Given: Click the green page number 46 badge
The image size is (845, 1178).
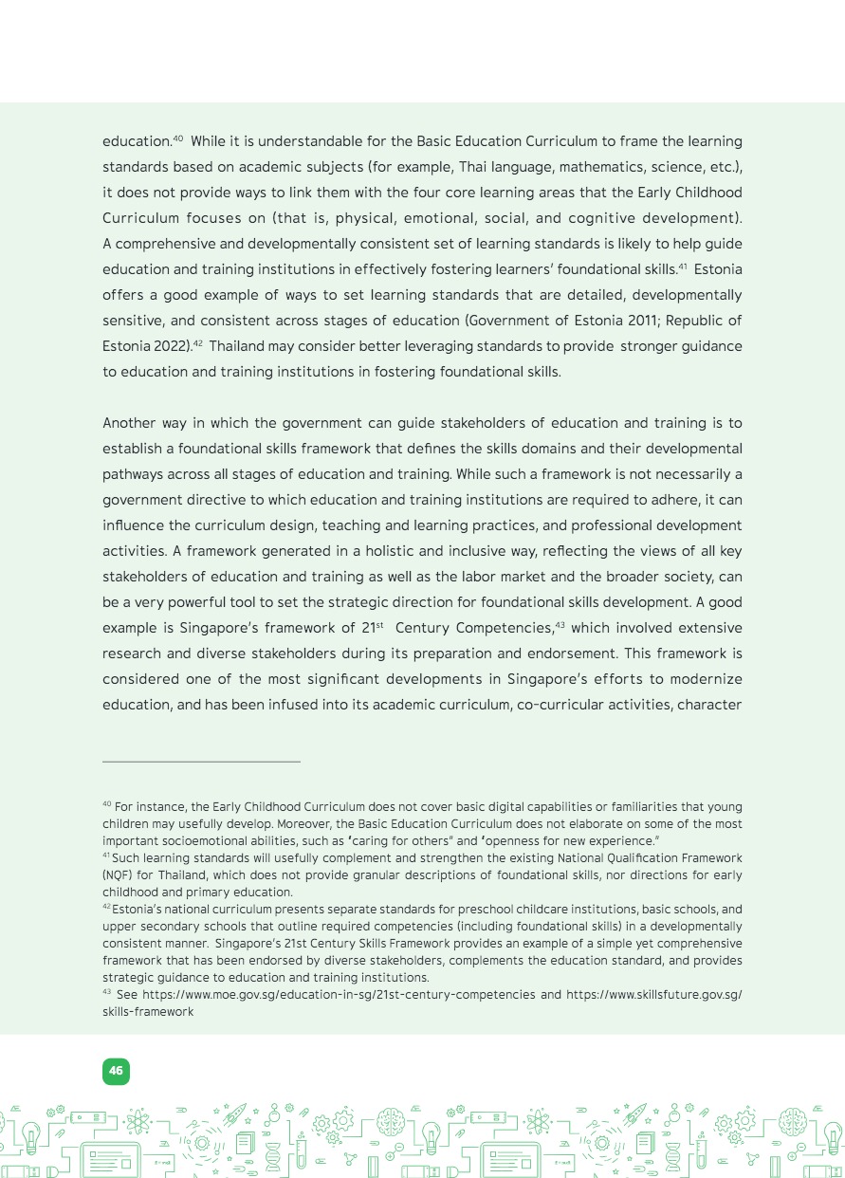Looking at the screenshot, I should coord(116,1071).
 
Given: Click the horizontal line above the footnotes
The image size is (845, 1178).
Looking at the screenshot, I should coord(201,761).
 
